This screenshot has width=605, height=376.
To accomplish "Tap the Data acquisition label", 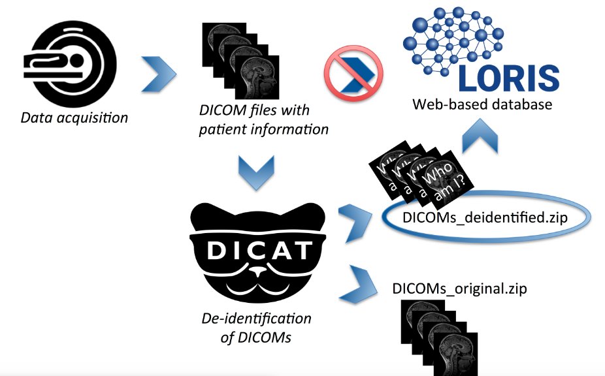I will tap(74, 118).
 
